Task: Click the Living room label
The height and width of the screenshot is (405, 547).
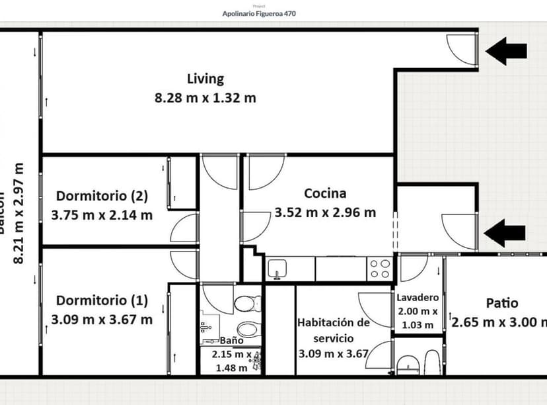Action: click(205, 79)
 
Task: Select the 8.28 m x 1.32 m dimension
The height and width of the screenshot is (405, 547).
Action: click(205, 98)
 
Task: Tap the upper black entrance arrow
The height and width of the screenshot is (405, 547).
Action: click(507, 51)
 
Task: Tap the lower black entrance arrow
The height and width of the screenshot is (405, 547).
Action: click(505, 232)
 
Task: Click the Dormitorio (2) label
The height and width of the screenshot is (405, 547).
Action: click(102, 196)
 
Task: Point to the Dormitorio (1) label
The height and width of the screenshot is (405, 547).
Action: click(102, 300)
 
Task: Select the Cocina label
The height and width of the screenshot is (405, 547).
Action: click(324, 193)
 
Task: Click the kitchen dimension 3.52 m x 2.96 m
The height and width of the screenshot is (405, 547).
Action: click(324, 212)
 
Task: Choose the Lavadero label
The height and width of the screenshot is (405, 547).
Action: click(418, 298)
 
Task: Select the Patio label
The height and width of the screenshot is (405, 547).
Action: click(501, 303)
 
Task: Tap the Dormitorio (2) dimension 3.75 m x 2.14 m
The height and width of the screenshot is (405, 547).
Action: click(102, 214)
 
